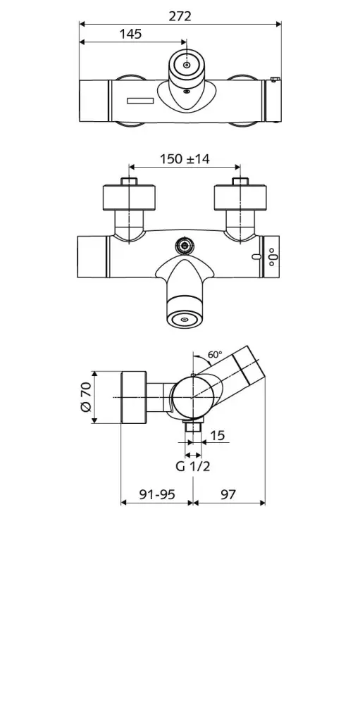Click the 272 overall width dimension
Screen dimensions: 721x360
pos(180,15)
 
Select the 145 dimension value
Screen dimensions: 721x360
pos(130,34)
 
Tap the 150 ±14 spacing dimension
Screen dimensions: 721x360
pos(185,159)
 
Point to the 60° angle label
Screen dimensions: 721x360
pos(216,355)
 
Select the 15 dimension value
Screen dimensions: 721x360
pos(217,436)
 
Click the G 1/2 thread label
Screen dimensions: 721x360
pos(192,466)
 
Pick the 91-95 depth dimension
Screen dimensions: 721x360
pos(156,494)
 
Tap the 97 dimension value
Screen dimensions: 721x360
pos(228,494)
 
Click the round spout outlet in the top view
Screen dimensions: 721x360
pos(186,65)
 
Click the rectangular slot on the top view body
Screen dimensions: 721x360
pos(139,101)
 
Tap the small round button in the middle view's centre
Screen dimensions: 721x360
pos(185,246)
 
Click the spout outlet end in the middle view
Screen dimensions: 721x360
pos(185,319)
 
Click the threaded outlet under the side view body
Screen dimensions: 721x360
pos(192,427)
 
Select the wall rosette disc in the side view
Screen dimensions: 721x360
pos(133,397)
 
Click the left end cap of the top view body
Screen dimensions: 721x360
pos(93,101)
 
